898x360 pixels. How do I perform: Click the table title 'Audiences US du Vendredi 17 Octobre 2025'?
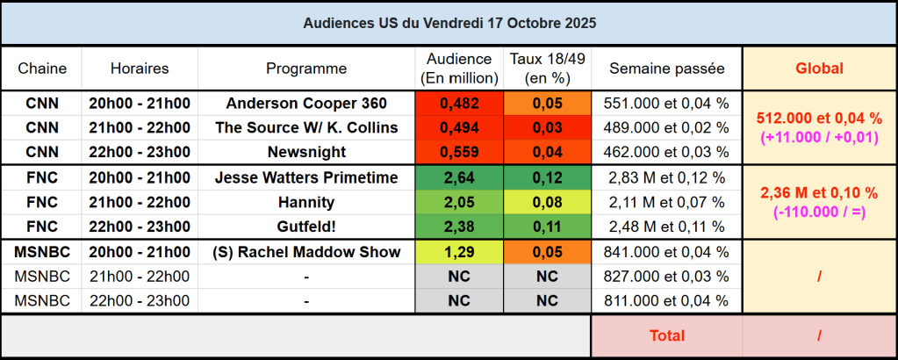pyautogui.click(x=449, y=23)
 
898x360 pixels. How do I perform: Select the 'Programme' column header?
pyautogui.click(x=306, y=68)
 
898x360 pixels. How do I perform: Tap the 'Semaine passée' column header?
pyautogui.click(x=667, y=68)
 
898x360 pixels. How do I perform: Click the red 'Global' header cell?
pyautogui.click(x=819, y=68)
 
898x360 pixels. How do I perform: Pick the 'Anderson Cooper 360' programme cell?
pyautogui.click(x=306, y=103)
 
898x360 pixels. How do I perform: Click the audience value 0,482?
pyautogui.click(x=459, y=103)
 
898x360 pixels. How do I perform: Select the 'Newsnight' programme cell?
pyautogui.click(x=306, y=152)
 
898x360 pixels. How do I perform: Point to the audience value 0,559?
pyautogui.click(x=459, y=152)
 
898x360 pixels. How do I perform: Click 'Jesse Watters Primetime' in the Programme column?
pyautogui.click(x=306, y=177)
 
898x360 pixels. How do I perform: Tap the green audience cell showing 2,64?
pyautogui.click(x=459, y=177)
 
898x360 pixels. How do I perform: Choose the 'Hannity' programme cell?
pyautogui.click(x=306, y=202)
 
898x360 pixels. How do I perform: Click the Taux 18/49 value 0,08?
pyautogui.click(x=547, y=202)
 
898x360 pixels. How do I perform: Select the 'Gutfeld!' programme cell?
pyautogui.click(x=306, y=227)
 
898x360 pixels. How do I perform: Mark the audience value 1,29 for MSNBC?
pyautogui.click(x=459, y=252)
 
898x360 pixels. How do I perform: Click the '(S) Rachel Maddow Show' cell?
pyautogui.click(x=306, y=252)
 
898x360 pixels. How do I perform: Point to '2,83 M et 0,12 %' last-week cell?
pyautogui.click(x=667, y=177)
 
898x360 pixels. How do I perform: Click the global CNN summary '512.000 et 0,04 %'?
pyautogui.click(x=819, y=118)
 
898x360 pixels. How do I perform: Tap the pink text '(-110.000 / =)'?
pyautogui.click(x=819, y=211)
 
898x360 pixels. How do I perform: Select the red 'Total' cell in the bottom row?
pyautogui.click(x=667, y=335)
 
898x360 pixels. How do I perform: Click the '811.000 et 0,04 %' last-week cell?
pyautogui.click(x=667, y=301)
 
